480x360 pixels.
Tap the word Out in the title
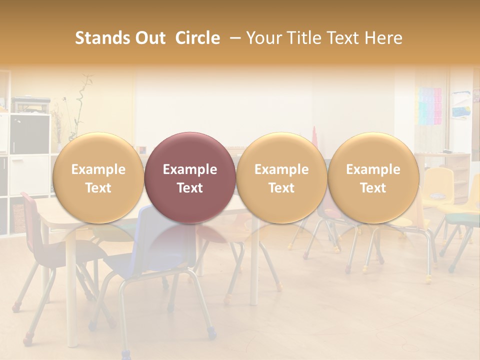149,38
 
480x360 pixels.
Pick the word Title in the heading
304,38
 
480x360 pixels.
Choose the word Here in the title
383,38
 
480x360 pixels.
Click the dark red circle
190,177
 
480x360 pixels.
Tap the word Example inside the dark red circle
190,169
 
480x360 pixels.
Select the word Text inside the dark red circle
190,188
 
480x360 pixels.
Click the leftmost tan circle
98,177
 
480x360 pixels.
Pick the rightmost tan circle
373,177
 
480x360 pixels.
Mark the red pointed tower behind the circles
315,135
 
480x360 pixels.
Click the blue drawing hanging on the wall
460,105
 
